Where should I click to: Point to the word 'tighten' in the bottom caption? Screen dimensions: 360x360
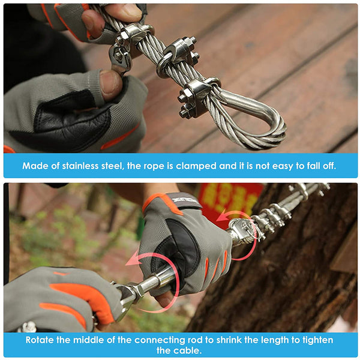click(318, 340)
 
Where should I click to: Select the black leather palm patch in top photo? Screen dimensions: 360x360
click(69, 115)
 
